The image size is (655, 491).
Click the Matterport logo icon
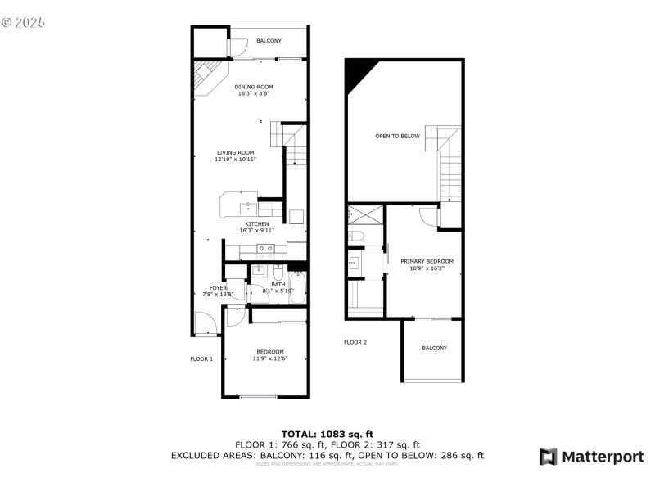548,457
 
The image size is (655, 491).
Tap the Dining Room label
254,87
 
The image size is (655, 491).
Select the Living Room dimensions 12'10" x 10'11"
236,160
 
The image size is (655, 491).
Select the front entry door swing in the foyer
206,326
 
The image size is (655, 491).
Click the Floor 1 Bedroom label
269,352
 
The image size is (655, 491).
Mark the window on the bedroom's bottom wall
258,397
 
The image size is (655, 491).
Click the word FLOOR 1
201,358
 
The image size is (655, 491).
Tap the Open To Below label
397,136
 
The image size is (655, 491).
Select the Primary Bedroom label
427,262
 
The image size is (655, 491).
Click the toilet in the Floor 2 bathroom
355,237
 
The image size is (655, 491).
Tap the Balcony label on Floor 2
434,348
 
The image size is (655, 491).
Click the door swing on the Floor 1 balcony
238,49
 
